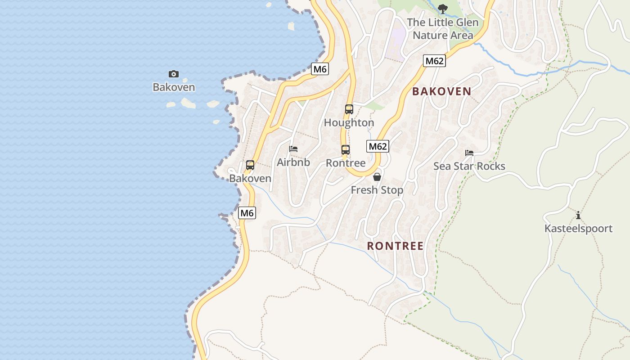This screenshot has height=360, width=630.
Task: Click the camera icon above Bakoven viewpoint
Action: pos(174,74)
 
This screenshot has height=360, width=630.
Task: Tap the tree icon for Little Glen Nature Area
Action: pos(443,8)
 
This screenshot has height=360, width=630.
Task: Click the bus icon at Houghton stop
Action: pos(349,109)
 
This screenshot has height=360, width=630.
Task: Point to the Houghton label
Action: pos(349,122)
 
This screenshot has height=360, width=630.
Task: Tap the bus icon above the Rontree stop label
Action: pos(345,150)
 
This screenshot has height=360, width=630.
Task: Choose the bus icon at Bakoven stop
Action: pos(250,165)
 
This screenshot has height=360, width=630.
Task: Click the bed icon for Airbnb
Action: pos(293,148)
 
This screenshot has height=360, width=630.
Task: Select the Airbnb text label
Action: pos(293,162)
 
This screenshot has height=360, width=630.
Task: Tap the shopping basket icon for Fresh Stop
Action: pos(377,177)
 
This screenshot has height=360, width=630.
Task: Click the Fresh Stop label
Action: pos(377,190)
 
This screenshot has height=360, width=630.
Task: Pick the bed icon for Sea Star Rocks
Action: pos(469,153)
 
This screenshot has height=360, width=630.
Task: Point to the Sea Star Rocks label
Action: pos(469,166)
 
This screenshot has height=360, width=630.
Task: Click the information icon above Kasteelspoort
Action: pos(578,215)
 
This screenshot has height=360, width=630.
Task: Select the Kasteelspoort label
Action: pos(578,229)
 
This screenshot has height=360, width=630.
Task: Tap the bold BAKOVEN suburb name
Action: pos(442,91)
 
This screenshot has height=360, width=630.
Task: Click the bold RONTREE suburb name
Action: pos(396,246)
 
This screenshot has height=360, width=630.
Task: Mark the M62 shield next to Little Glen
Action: pos(434,61)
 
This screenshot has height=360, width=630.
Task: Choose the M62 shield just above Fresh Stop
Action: pos(378,146)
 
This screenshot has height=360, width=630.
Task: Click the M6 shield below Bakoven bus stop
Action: pos(247,213)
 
